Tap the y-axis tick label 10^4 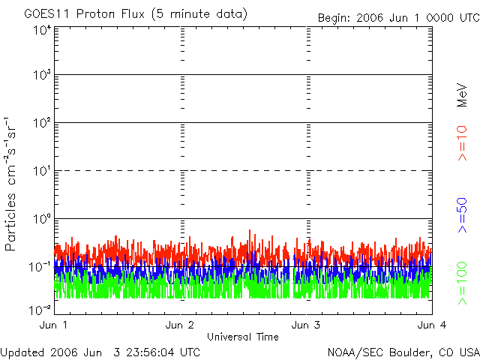coord(40,30)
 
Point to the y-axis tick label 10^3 coord(40,75)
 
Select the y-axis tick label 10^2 coord(40,122)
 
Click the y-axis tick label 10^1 coord(40,170)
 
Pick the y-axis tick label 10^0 coord(40,218)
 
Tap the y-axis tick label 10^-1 coord(39,266)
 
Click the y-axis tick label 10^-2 coord(39,310)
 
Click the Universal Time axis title coord(242,337)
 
